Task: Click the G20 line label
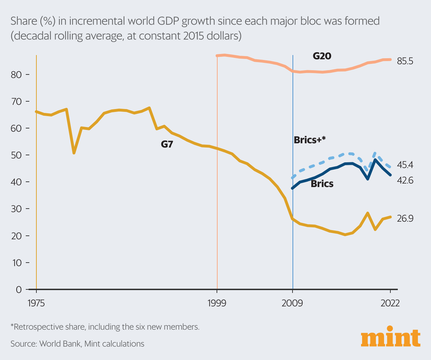tap(322, 56)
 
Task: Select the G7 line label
tap(167, 144)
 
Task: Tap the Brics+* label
tap(309, 140)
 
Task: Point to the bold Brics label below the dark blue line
tap(322, 184)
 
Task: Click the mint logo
tap(391, 338)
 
